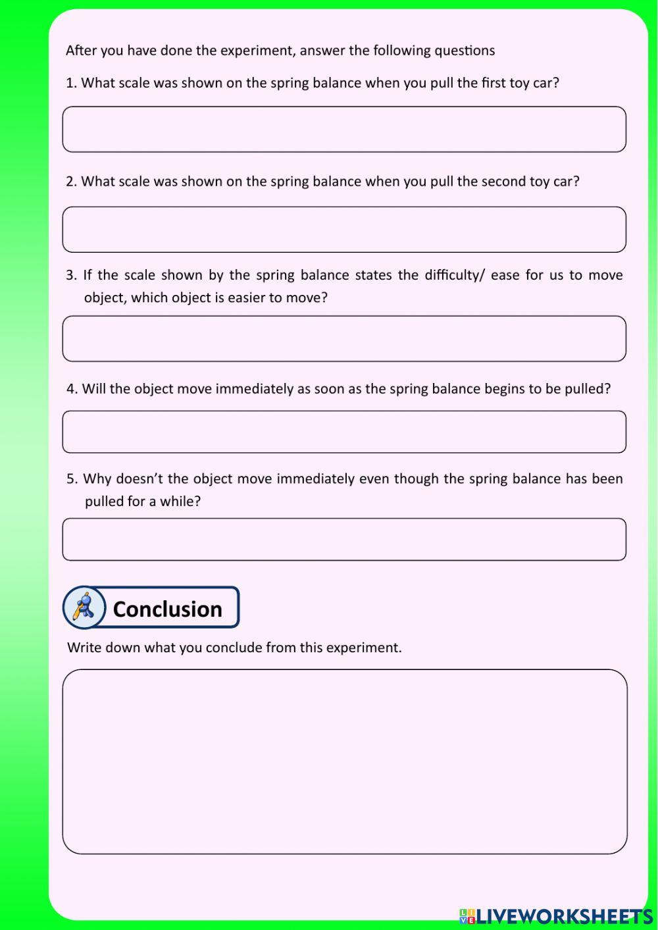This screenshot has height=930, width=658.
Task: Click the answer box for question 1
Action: click(x=344, y=130)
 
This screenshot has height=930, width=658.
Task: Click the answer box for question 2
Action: click(x=344, y=230)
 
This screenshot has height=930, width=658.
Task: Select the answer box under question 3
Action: click(x=344, y=339)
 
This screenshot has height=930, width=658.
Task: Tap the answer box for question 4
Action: click(x=344, y=432)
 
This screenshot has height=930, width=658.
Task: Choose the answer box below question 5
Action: click(x=344, y=540)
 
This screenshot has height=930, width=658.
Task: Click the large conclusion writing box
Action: click(x=344, y=762)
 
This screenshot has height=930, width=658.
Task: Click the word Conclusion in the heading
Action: click(x=167, y=609)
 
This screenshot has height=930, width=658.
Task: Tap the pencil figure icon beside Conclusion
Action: click(x=84, y=607)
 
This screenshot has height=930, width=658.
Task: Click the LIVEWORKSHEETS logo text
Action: click(x=563, y=916)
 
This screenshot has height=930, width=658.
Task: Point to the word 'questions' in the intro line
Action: click(x=463, y=51)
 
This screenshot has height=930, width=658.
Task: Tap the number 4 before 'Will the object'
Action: click(x=72, y=389)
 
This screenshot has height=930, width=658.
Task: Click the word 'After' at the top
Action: click(x=81, y=51)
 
